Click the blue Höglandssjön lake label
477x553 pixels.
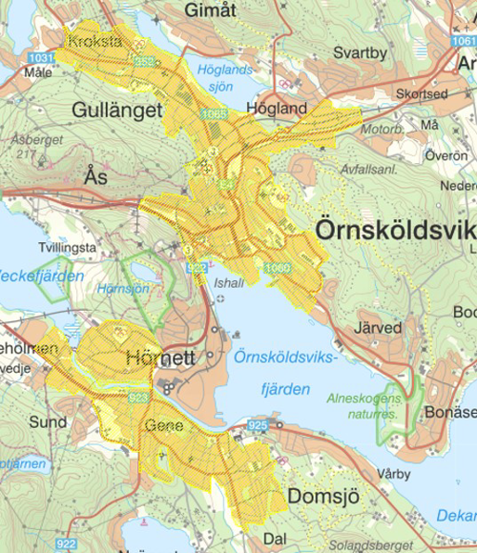[222, 77]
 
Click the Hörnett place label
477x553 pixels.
[160, 359]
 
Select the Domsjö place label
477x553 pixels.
[321, 497]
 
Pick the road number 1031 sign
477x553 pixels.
[40, 59]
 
